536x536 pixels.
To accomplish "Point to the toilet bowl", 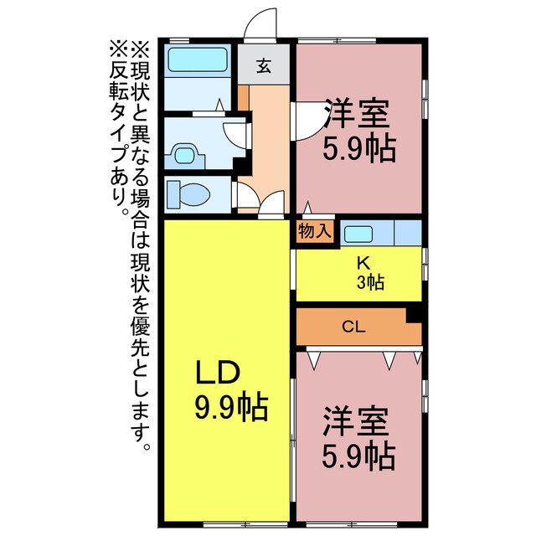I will (190, 195).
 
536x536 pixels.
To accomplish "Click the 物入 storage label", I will (315, 232).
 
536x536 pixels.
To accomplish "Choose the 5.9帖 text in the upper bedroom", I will (360, 149).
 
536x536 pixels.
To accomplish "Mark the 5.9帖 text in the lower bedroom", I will (360, 456).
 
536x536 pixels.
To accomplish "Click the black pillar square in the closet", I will (413, 315).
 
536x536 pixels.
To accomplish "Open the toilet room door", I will (246, 196).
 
